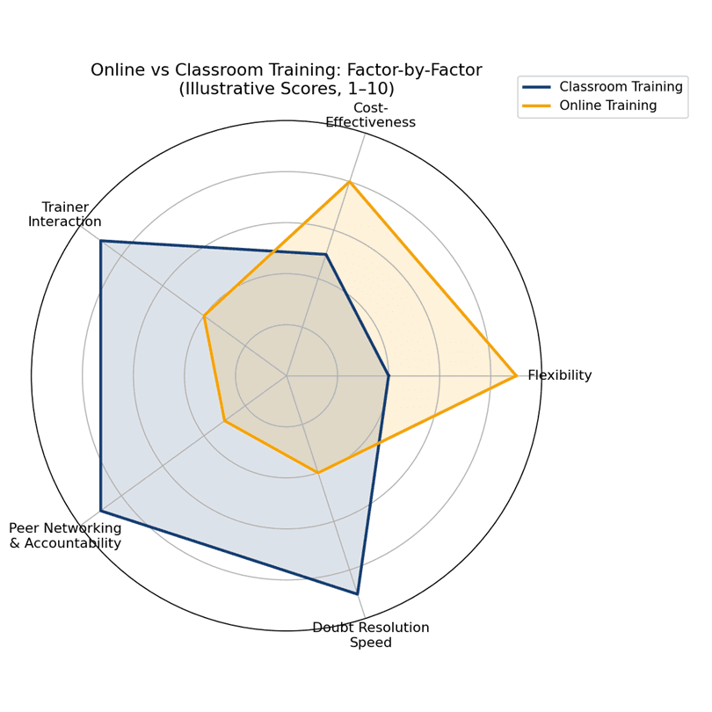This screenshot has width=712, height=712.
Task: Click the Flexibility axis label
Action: click(559, 375)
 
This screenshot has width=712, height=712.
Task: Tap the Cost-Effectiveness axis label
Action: click(371, 115)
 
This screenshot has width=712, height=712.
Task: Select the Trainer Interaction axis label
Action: click(65, 214)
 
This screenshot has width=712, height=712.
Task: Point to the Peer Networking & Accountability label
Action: click(65, 535)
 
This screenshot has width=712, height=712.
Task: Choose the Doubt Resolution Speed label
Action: click(371, 635)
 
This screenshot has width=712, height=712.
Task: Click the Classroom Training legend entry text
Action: click(621, 87)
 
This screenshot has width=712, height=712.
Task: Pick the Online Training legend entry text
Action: click(607, 105)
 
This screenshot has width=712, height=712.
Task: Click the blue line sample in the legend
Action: click(536, 87)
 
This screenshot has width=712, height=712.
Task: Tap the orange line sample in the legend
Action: click(536, 105)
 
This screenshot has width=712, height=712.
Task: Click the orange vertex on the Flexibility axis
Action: click(516, 375)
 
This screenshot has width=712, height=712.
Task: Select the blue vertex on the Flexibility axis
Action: click(389, 375)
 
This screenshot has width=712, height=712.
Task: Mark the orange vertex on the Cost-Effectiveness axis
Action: click(349, 182)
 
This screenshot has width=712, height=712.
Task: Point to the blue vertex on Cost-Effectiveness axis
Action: click(325, 255)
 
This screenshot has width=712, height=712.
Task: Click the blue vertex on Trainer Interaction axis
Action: click(100, 241)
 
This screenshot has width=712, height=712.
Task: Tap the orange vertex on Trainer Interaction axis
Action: click(204, 316)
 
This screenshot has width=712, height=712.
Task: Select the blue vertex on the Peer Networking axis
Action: click(100, 511)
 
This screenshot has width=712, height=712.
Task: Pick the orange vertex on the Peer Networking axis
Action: click(224, 421)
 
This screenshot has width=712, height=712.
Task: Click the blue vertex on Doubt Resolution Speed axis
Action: click(358, 593)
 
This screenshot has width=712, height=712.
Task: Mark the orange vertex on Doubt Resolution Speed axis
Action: click(318, 473)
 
